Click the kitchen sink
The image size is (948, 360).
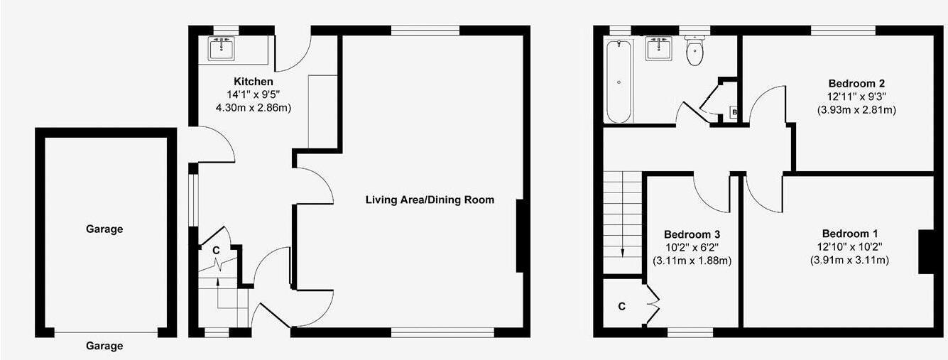pos(222,48)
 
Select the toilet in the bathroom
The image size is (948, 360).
pos(694,52)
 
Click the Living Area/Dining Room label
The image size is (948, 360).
pos(430,200)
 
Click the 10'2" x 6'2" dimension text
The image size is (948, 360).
pos(692,247)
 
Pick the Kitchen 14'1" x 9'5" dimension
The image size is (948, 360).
pos(253,95)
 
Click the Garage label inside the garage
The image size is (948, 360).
pos(104,229)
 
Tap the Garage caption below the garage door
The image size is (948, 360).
pos(104,346)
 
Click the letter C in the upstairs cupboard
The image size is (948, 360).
pos(621,307)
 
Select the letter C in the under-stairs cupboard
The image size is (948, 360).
pos(216,250)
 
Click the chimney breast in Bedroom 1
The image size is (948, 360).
pos(925,251)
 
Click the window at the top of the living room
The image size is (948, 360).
pos(425,29)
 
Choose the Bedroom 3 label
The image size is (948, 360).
pos(692,234)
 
